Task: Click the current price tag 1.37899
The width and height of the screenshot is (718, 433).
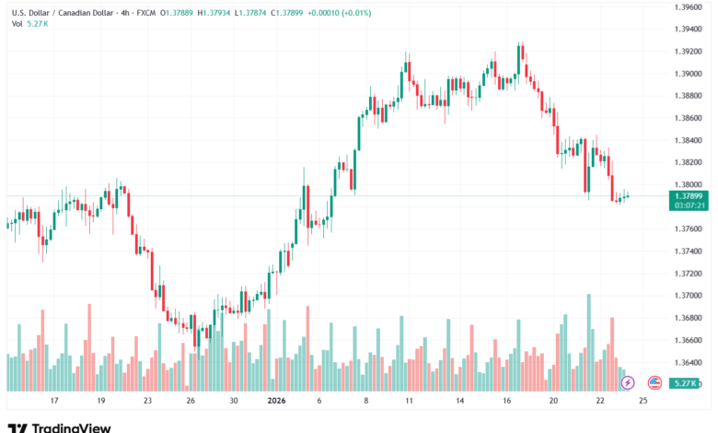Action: pyautogui.click(x=689, y=195)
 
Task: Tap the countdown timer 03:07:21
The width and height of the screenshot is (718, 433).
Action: pyautogui.click(x=689, y=205)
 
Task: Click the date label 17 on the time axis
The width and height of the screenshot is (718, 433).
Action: pyautogui.click(x=54, y=402)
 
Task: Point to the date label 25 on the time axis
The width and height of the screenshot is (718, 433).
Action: pyautogui.click(x=642, y=402)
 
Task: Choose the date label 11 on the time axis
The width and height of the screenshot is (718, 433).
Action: pyautogui.click(x=406, y=402)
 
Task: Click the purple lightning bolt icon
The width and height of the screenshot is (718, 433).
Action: pyautogui.click(x=628, y=381)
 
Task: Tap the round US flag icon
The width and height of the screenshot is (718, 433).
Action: pyautogui.click(x=654, y=381)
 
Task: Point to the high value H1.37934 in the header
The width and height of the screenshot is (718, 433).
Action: pyautogui.click(x=212, y=13)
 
